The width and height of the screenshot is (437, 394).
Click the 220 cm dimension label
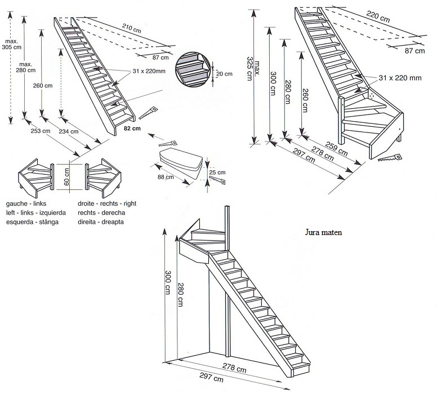[x=378, y=16]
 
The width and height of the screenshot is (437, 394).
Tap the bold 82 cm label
[x=132, y=129]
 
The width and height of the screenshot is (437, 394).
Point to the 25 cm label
[x=217, y=172]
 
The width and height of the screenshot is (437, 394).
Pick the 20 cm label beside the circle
[x=225, y=74]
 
